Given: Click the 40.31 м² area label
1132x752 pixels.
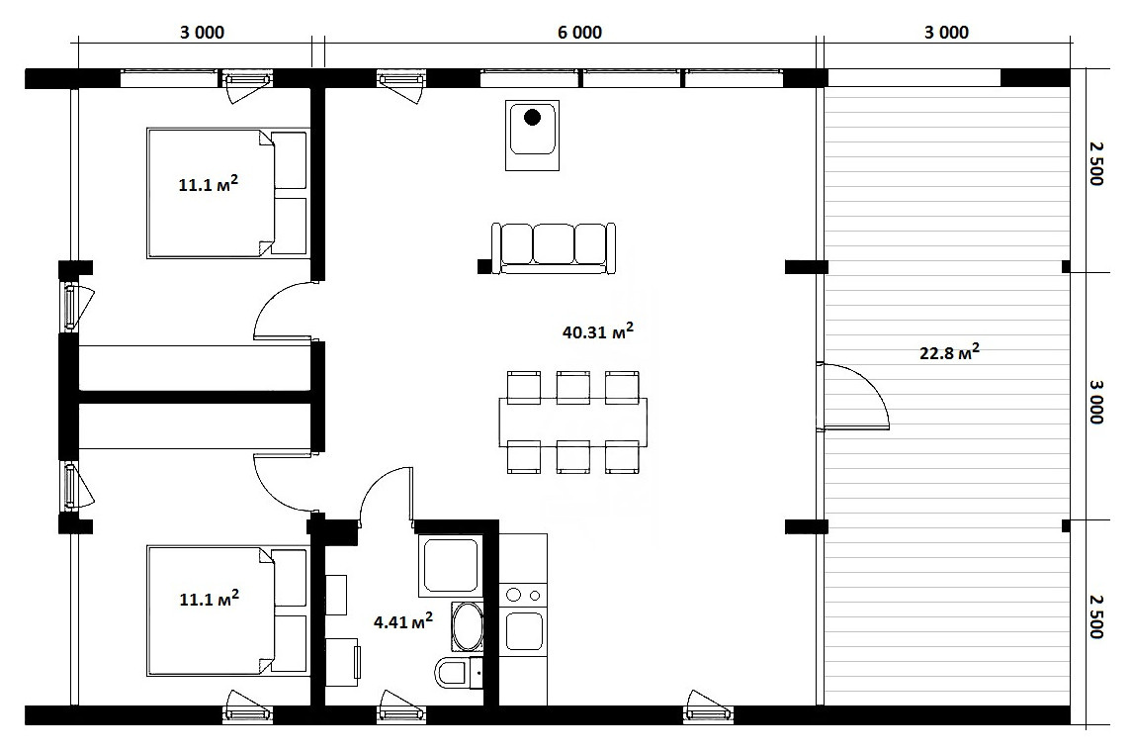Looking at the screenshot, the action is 598,331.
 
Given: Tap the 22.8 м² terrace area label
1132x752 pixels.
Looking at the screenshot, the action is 949,352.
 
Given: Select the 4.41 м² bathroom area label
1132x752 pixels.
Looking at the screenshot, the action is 402,620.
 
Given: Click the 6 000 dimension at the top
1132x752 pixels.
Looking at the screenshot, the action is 579,33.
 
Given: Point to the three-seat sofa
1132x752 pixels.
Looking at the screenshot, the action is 554,247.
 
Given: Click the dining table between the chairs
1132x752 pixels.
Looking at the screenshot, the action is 573,422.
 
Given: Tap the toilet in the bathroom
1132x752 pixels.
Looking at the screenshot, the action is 456,673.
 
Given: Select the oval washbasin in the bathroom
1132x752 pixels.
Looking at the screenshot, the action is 467,626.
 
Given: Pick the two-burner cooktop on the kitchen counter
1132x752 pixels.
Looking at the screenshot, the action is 523,596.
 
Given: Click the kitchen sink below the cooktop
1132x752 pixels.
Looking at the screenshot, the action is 523,630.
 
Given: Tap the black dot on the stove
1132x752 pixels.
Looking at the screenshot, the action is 533,117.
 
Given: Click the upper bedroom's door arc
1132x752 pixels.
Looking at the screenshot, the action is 271,300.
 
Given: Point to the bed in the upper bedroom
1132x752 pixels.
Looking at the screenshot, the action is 228,193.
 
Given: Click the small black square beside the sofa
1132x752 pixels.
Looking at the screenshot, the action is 483,266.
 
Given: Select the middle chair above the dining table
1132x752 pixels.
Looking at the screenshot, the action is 573,387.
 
